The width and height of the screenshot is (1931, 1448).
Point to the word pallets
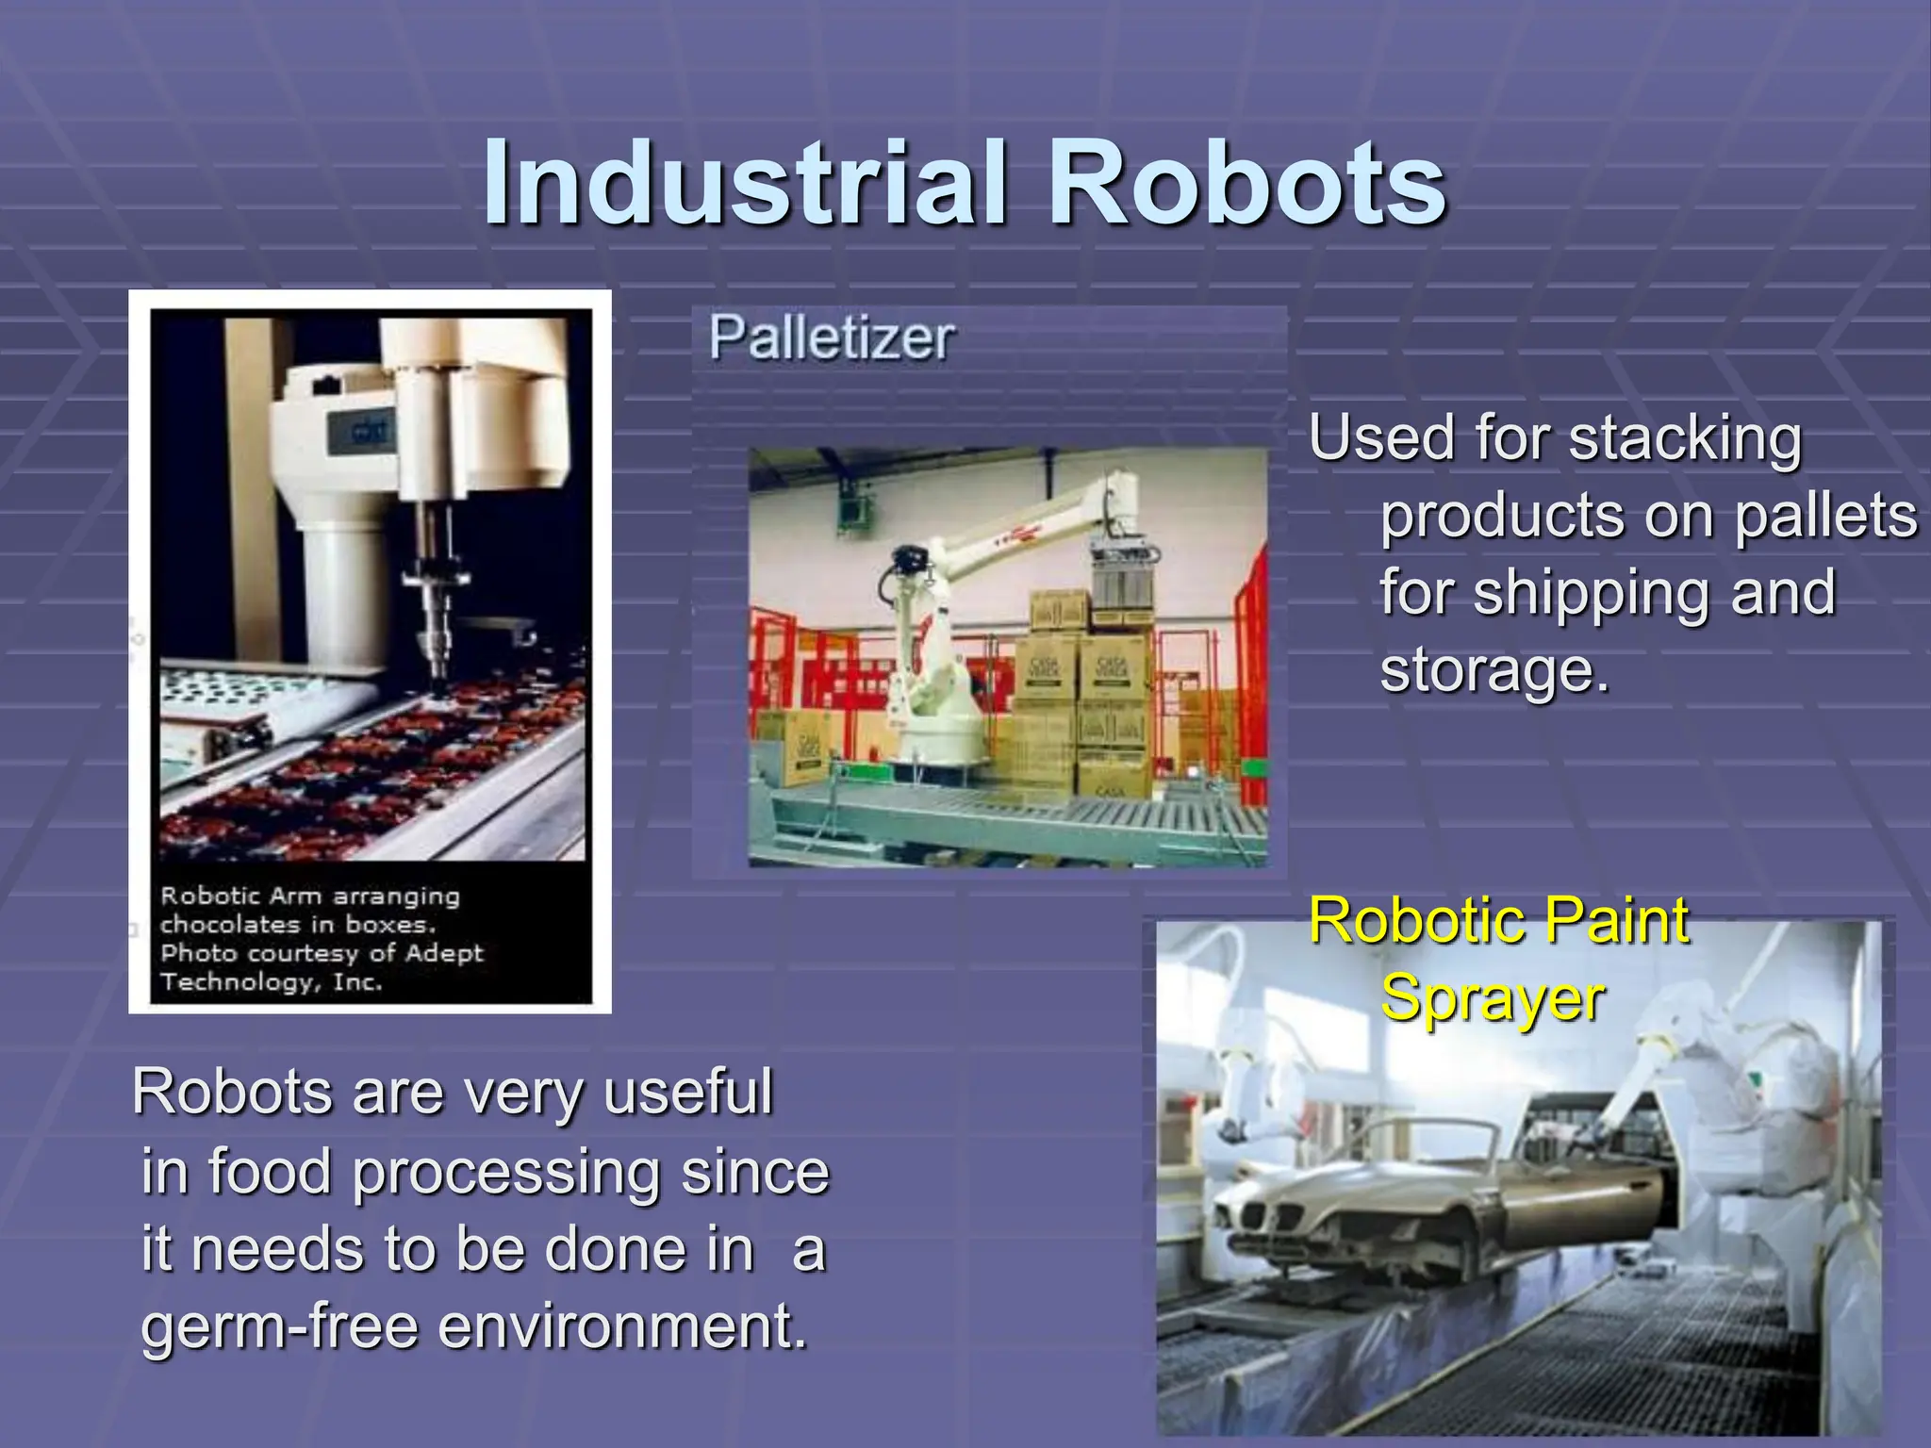(1825, 517)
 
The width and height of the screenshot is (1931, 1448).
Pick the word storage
(1494, 671)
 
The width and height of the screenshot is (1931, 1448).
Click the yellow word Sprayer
(1492, 997)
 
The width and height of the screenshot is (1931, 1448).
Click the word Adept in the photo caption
(443, 953)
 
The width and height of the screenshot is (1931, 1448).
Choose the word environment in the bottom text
(622, 1326)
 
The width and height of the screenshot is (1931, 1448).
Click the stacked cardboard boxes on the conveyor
(1084, 698)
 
